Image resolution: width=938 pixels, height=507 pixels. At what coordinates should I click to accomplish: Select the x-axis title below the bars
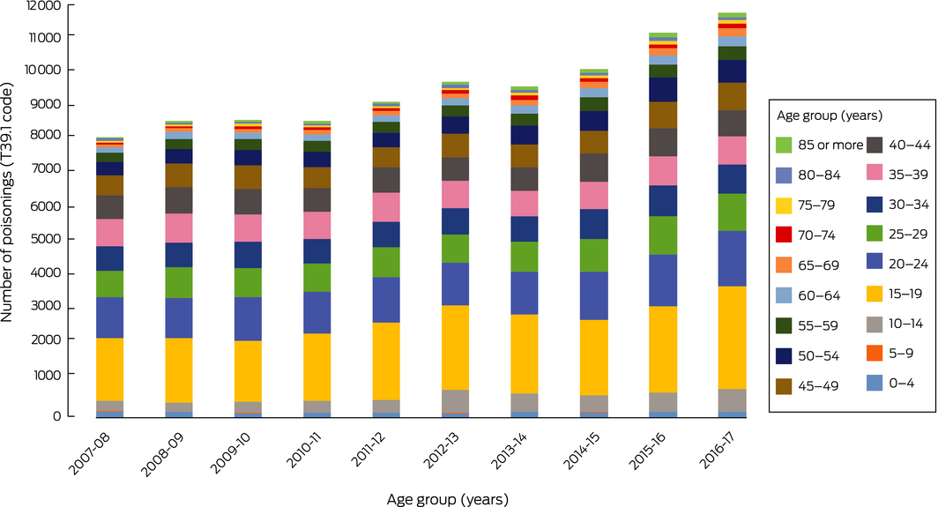[x=447, y=498]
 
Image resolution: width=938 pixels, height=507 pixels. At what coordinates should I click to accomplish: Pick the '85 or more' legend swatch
[x=785, y=145]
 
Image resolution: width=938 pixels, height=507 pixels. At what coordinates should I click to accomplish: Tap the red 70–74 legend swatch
[x=785, y=235]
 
